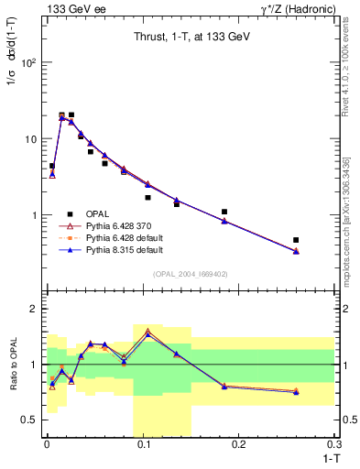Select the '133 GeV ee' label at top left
point(71,8)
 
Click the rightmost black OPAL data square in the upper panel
point(296,240)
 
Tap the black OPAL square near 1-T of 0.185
point(224,212)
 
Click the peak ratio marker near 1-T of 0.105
point(147,332)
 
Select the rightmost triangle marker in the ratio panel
point(296,391)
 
